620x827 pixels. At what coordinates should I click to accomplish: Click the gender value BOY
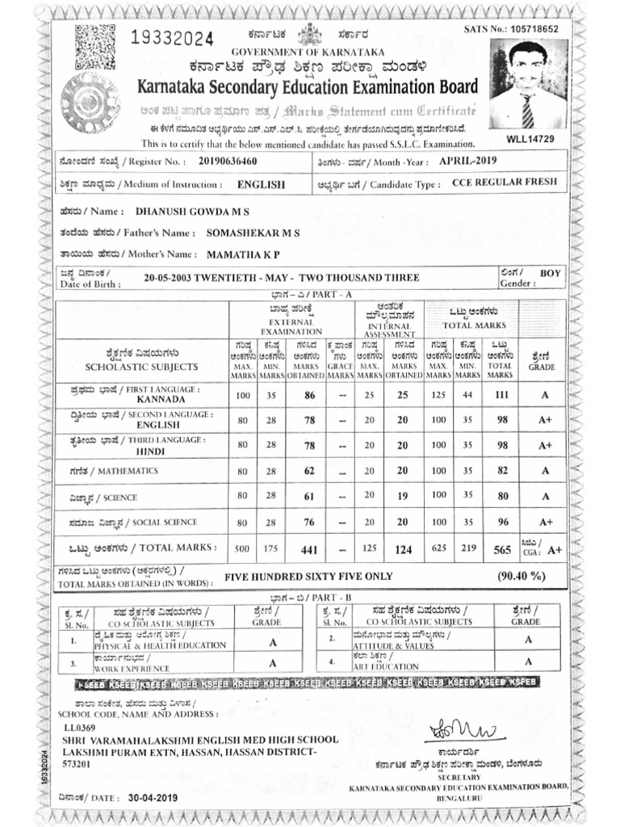click(551, 274)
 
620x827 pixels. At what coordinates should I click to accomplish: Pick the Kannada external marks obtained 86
click(308, 396)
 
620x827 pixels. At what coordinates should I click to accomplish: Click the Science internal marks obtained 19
click(403, 497)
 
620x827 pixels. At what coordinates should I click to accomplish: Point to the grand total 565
click(502, 550)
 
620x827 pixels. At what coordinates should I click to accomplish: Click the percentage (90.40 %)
click(516, 576)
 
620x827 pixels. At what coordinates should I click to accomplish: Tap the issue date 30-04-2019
click(153, 797)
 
